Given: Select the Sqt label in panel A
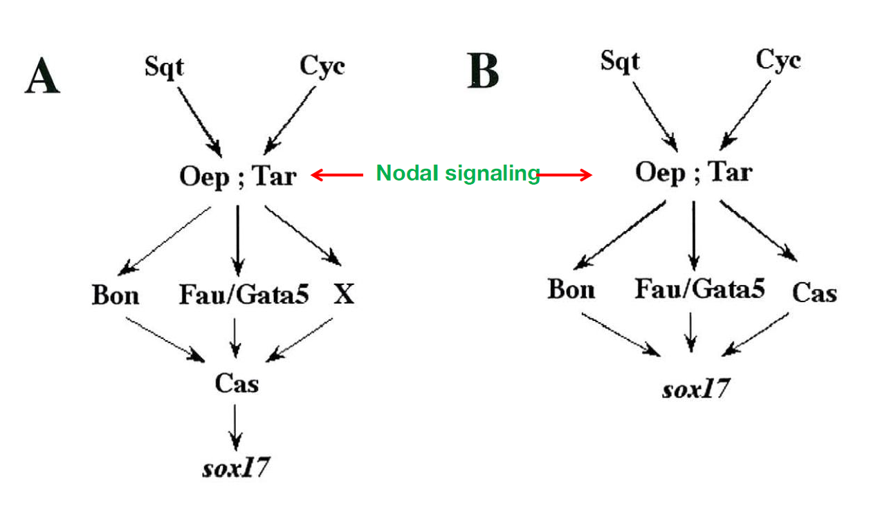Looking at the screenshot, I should [x=165, y=67].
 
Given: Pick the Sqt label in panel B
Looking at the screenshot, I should [x=620, y=61].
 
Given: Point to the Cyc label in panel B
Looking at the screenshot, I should [x=778, y=60].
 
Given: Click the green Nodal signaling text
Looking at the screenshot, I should [x=457, y=174].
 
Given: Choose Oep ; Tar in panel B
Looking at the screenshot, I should [x=693, y=172].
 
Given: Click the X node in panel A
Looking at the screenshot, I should [x=343, y=295].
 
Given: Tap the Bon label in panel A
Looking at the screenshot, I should [x=115, y=295].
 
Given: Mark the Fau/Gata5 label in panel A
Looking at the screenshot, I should [x=244, y=295].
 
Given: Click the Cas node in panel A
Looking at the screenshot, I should [x=237, y=382].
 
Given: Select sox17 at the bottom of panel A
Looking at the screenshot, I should [x=235, y=468].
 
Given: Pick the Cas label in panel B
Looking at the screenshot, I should [x=814, y=293].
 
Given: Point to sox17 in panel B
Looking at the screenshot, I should [x=695, y=389].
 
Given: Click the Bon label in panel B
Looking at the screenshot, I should [x=571, y=289].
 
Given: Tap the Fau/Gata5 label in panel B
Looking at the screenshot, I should [x=699, y=289].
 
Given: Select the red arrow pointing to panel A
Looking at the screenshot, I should [x=337, y=176].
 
